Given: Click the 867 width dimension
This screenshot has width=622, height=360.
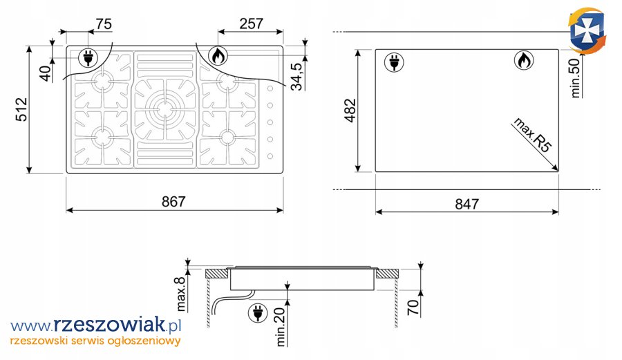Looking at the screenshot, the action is (173, 202).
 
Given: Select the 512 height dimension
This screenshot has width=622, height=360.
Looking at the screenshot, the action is (21, 109).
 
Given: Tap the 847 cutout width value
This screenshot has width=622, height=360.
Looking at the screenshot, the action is (467, 205).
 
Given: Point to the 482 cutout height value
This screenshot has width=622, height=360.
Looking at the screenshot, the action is (350, 111).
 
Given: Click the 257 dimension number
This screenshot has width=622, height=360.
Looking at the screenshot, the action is (251, 23).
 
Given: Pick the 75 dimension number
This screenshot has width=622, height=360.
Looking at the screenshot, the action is (104, 24).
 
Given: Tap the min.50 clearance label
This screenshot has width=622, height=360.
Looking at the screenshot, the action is (575, 77).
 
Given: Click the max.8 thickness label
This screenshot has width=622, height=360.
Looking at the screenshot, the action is (180, 294).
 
